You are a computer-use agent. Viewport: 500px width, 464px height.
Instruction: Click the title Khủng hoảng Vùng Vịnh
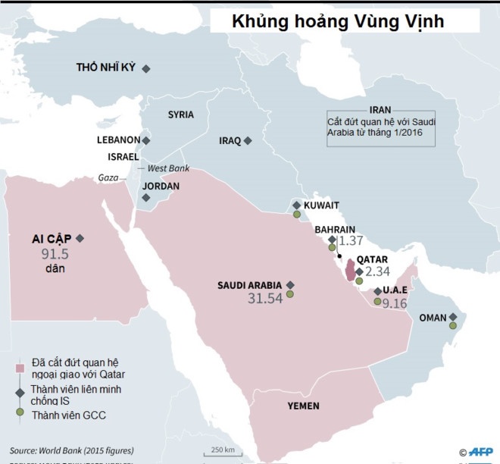[338, 22]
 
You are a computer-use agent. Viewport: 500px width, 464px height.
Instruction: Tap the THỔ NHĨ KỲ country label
[105, 67]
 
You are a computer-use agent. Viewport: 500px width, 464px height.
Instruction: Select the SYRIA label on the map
[180, 114]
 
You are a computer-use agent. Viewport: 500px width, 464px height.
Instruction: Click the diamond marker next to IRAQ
[248, 140]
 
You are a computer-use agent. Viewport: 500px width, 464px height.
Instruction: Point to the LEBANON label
[118, 140]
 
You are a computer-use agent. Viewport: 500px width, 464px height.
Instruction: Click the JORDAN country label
[161, 185]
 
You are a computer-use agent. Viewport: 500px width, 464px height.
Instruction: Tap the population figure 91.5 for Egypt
[55, 254]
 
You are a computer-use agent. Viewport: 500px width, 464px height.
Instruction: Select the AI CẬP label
[48, 238]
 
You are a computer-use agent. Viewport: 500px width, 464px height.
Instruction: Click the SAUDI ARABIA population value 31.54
[265, 299]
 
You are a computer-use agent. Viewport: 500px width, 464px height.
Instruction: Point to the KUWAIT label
[320, 205]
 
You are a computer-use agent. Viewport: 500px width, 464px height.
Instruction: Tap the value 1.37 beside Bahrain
[352, 241]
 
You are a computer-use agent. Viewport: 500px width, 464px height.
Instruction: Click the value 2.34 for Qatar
[377, 271]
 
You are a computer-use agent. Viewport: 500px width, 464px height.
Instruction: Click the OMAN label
[433, 318]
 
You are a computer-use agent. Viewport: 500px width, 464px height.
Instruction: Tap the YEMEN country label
[303, 406]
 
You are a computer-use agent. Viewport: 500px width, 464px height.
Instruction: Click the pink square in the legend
[20, 368]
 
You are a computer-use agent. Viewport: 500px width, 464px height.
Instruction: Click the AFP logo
[479, 451]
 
